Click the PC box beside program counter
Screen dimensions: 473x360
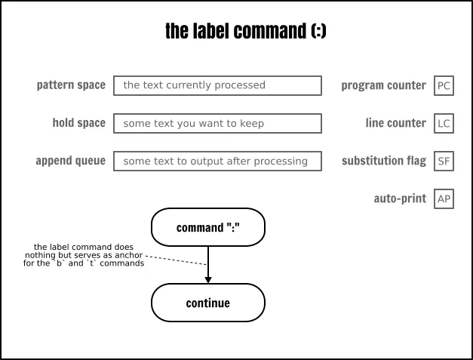pos(444,86)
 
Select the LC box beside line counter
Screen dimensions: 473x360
pos(444,124)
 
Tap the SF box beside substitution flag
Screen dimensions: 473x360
pos(444,162)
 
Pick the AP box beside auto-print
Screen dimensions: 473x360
pos(444,198)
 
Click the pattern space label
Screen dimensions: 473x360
pos(71,85)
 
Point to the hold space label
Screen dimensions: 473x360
pos(79,123)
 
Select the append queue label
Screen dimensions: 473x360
pos(71,161)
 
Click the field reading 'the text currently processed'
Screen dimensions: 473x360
pos(217,86)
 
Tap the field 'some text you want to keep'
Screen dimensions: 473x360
pos(217,124)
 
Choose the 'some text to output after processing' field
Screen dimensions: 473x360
pos(217,162)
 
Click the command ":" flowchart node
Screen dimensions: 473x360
pos(208,227)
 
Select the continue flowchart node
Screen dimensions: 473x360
pos(208,303)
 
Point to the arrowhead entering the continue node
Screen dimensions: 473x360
pos(208,280)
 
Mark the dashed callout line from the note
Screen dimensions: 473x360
pos(176,260)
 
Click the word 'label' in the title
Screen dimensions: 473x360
pos(212,31)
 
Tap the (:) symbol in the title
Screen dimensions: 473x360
pos(318,31)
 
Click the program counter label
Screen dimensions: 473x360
pos(384,85)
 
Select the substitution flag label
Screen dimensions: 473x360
pos(384,161)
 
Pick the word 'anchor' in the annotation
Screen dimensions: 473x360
pos(129,255)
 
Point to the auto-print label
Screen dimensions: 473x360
pos(400,198)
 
